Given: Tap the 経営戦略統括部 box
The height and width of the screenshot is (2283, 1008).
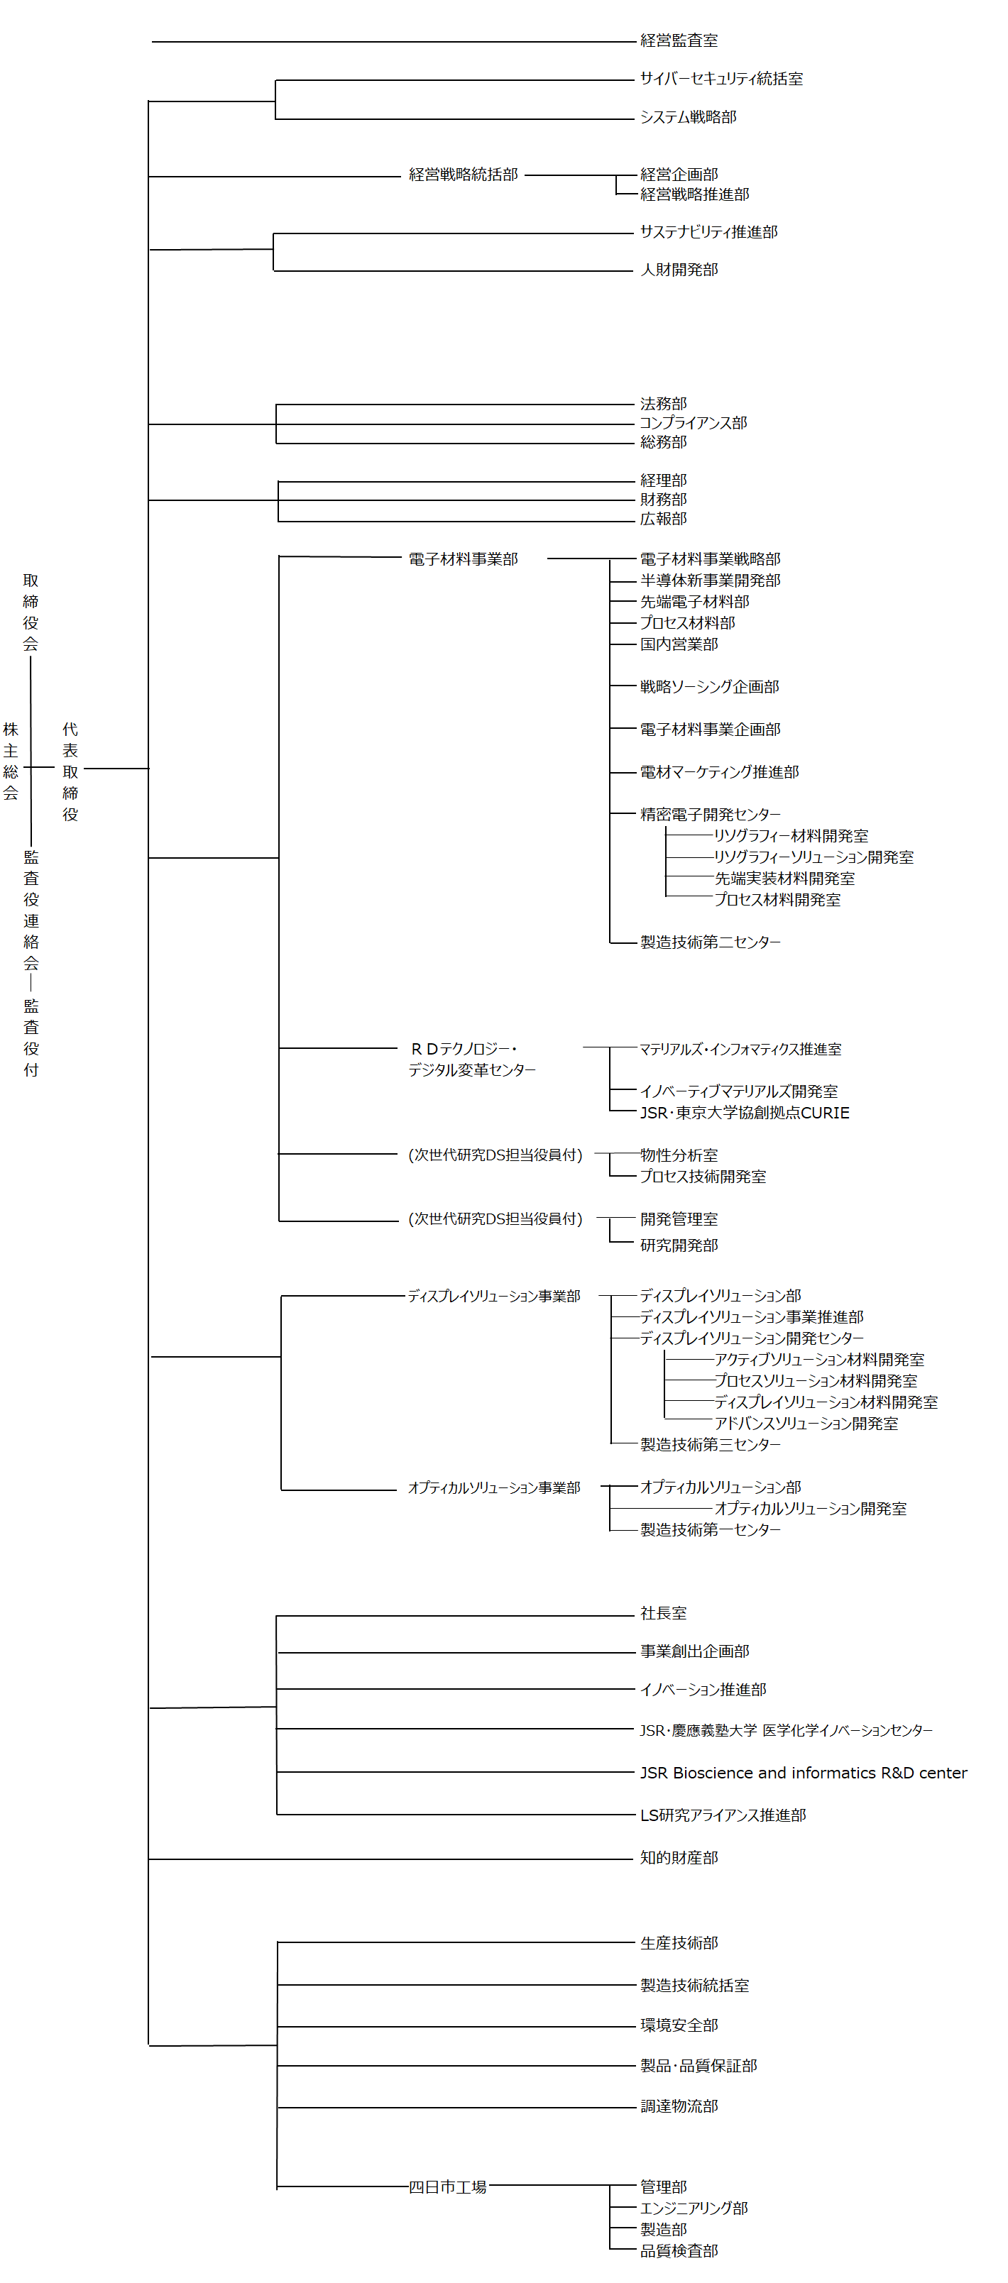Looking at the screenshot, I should click(x=463, y=175).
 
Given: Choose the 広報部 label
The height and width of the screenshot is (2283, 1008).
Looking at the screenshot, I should click(x=662, y=519).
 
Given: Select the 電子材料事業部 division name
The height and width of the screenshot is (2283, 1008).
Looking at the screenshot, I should click(x=463, y=559).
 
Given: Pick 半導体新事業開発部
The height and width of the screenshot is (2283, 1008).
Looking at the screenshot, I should click(x=709, y=581).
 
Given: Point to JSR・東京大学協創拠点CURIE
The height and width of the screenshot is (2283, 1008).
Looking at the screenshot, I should click(x=744, y=1112).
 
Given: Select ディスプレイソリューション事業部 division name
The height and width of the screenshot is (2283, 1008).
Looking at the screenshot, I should click(x=494, y=1296).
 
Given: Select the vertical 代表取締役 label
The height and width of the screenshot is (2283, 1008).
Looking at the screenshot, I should click(x=70, y=771).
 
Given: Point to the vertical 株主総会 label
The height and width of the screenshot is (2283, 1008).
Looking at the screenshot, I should click(x=11, y=761).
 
